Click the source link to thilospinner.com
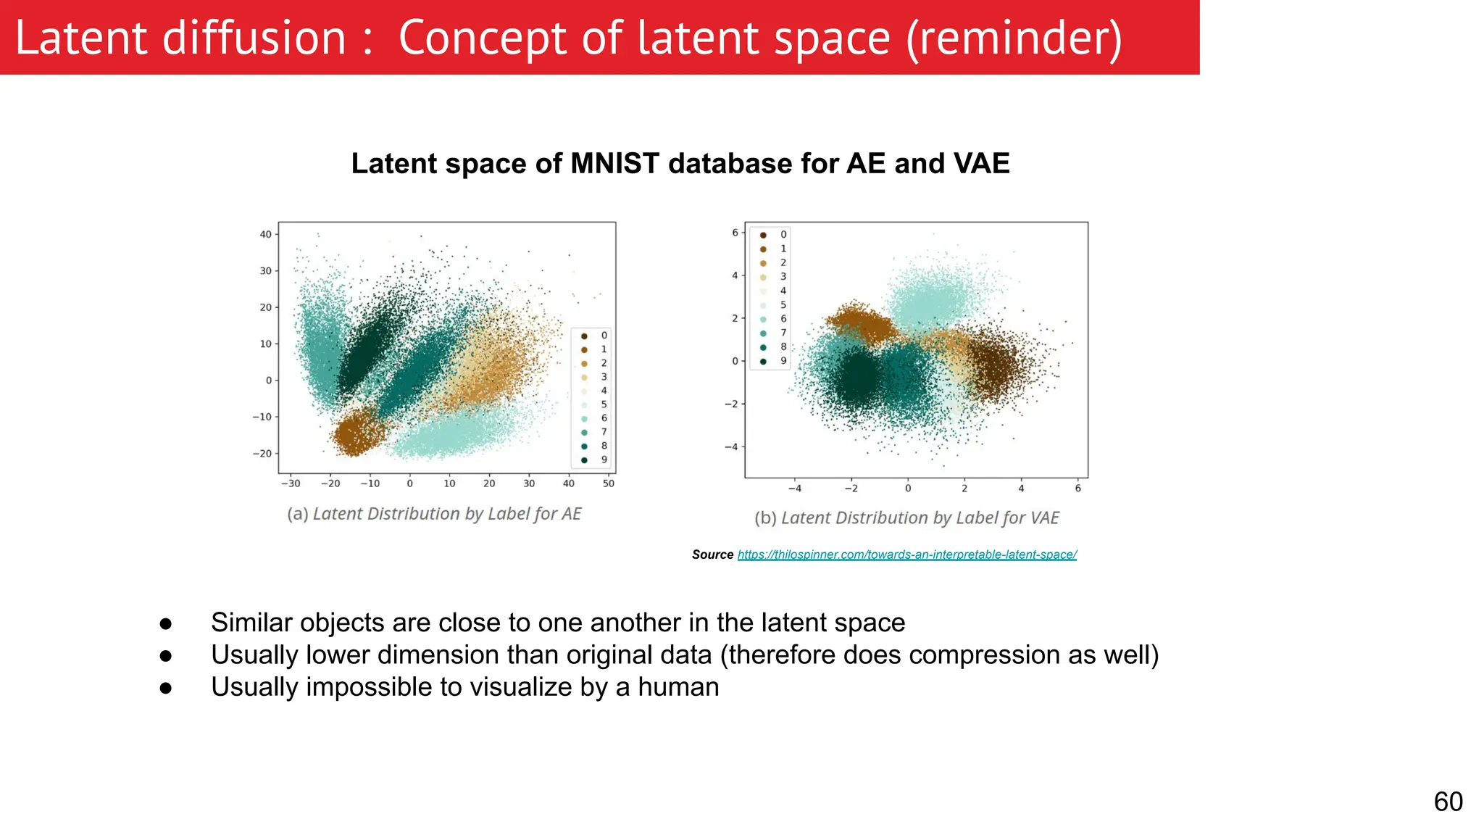tap(906, 554)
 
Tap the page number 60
tap(1448, 802)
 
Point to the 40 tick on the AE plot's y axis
tap(266, 234)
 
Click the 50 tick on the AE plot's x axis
tap(609, 483)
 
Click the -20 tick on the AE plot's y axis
tap(262, 454)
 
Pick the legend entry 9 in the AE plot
tap(604, 460)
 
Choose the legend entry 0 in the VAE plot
tap(783, 234)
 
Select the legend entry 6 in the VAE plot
tap(783, 319)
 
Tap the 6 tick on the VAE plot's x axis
tap(1077, 489)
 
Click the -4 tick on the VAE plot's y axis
tap(732, 446)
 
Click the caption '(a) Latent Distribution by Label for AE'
tap(434, 514)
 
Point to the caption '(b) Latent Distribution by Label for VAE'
tap(906, 518)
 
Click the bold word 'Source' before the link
tap(712, 554)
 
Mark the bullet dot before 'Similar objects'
tap(166, 623)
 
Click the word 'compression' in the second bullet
tap(978, 655)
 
